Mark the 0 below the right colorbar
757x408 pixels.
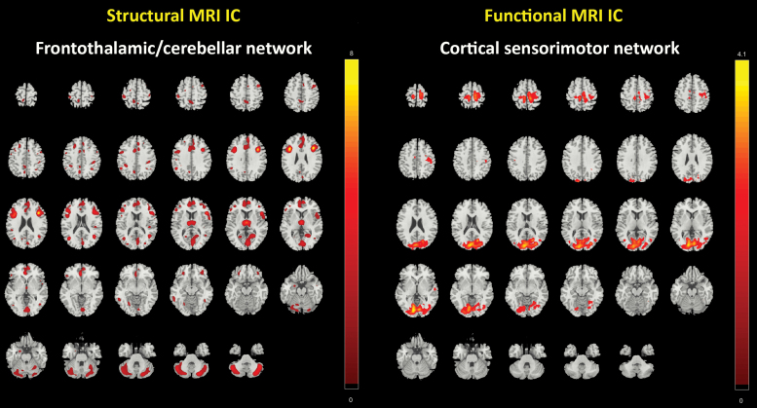[741, 399]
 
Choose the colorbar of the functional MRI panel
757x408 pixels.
[741, 224]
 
